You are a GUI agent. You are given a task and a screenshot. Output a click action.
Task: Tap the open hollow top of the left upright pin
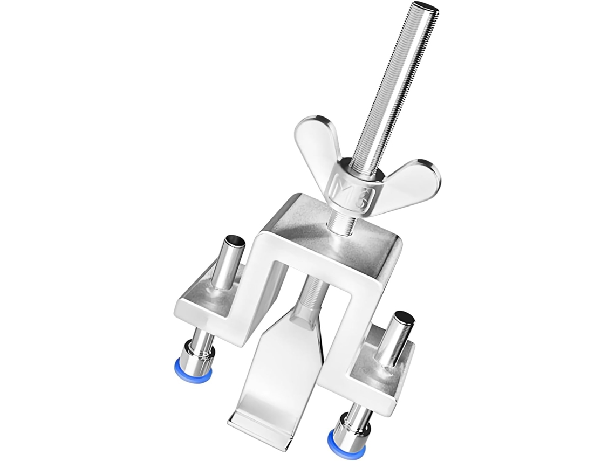tap(235, 239)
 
